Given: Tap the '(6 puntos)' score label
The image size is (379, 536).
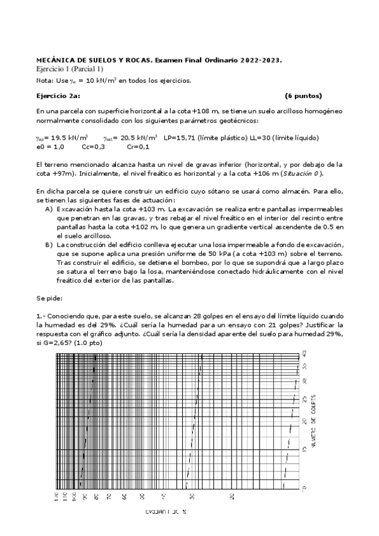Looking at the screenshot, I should pos(303,96).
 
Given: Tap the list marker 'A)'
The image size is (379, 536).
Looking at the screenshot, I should pos(49,208).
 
